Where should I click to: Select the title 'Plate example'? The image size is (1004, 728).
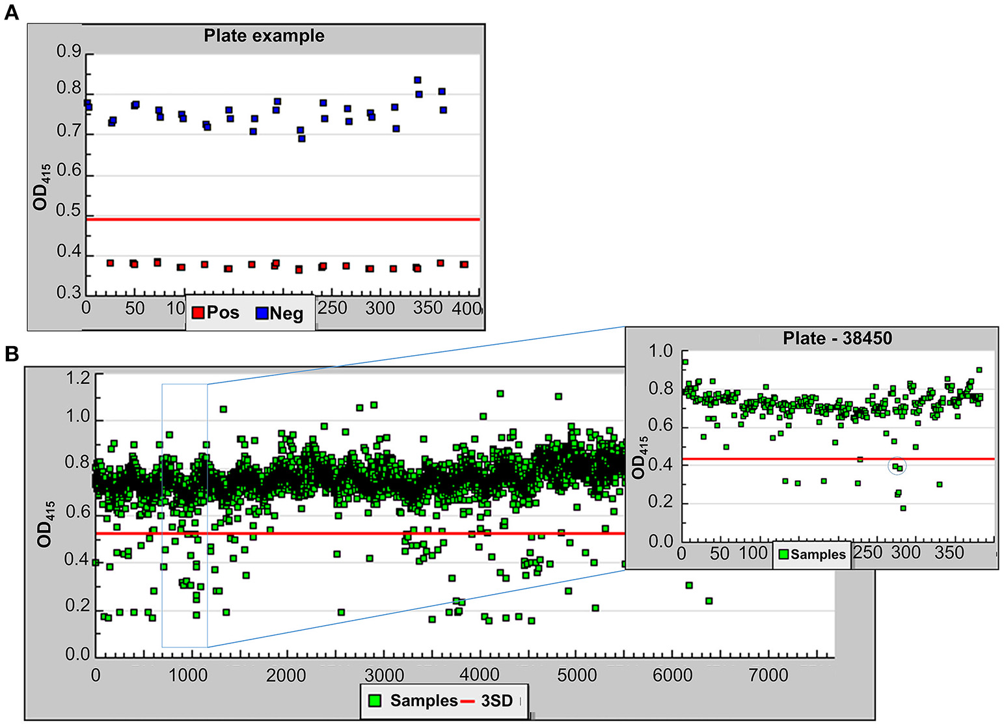(264, 36)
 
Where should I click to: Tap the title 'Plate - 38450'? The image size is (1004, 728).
(837, 338)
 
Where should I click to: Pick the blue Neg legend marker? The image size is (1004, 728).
(262, 313)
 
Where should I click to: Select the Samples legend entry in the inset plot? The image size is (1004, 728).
(811, 554)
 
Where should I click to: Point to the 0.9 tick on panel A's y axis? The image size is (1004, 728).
(69, 52)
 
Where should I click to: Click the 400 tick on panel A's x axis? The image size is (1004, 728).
(466, 308)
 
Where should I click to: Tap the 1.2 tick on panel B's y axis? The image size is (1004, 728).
(78, 377)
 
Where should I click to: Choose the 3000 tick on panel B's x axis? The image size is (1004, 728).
(384, 675)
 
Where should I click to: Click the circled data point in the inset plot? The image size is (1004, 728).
(897, 466)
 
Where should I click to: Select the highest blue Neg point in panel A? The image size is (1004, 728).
(418, 80)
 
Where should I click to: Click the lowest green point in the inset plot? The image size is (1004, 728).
(902, 508)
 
